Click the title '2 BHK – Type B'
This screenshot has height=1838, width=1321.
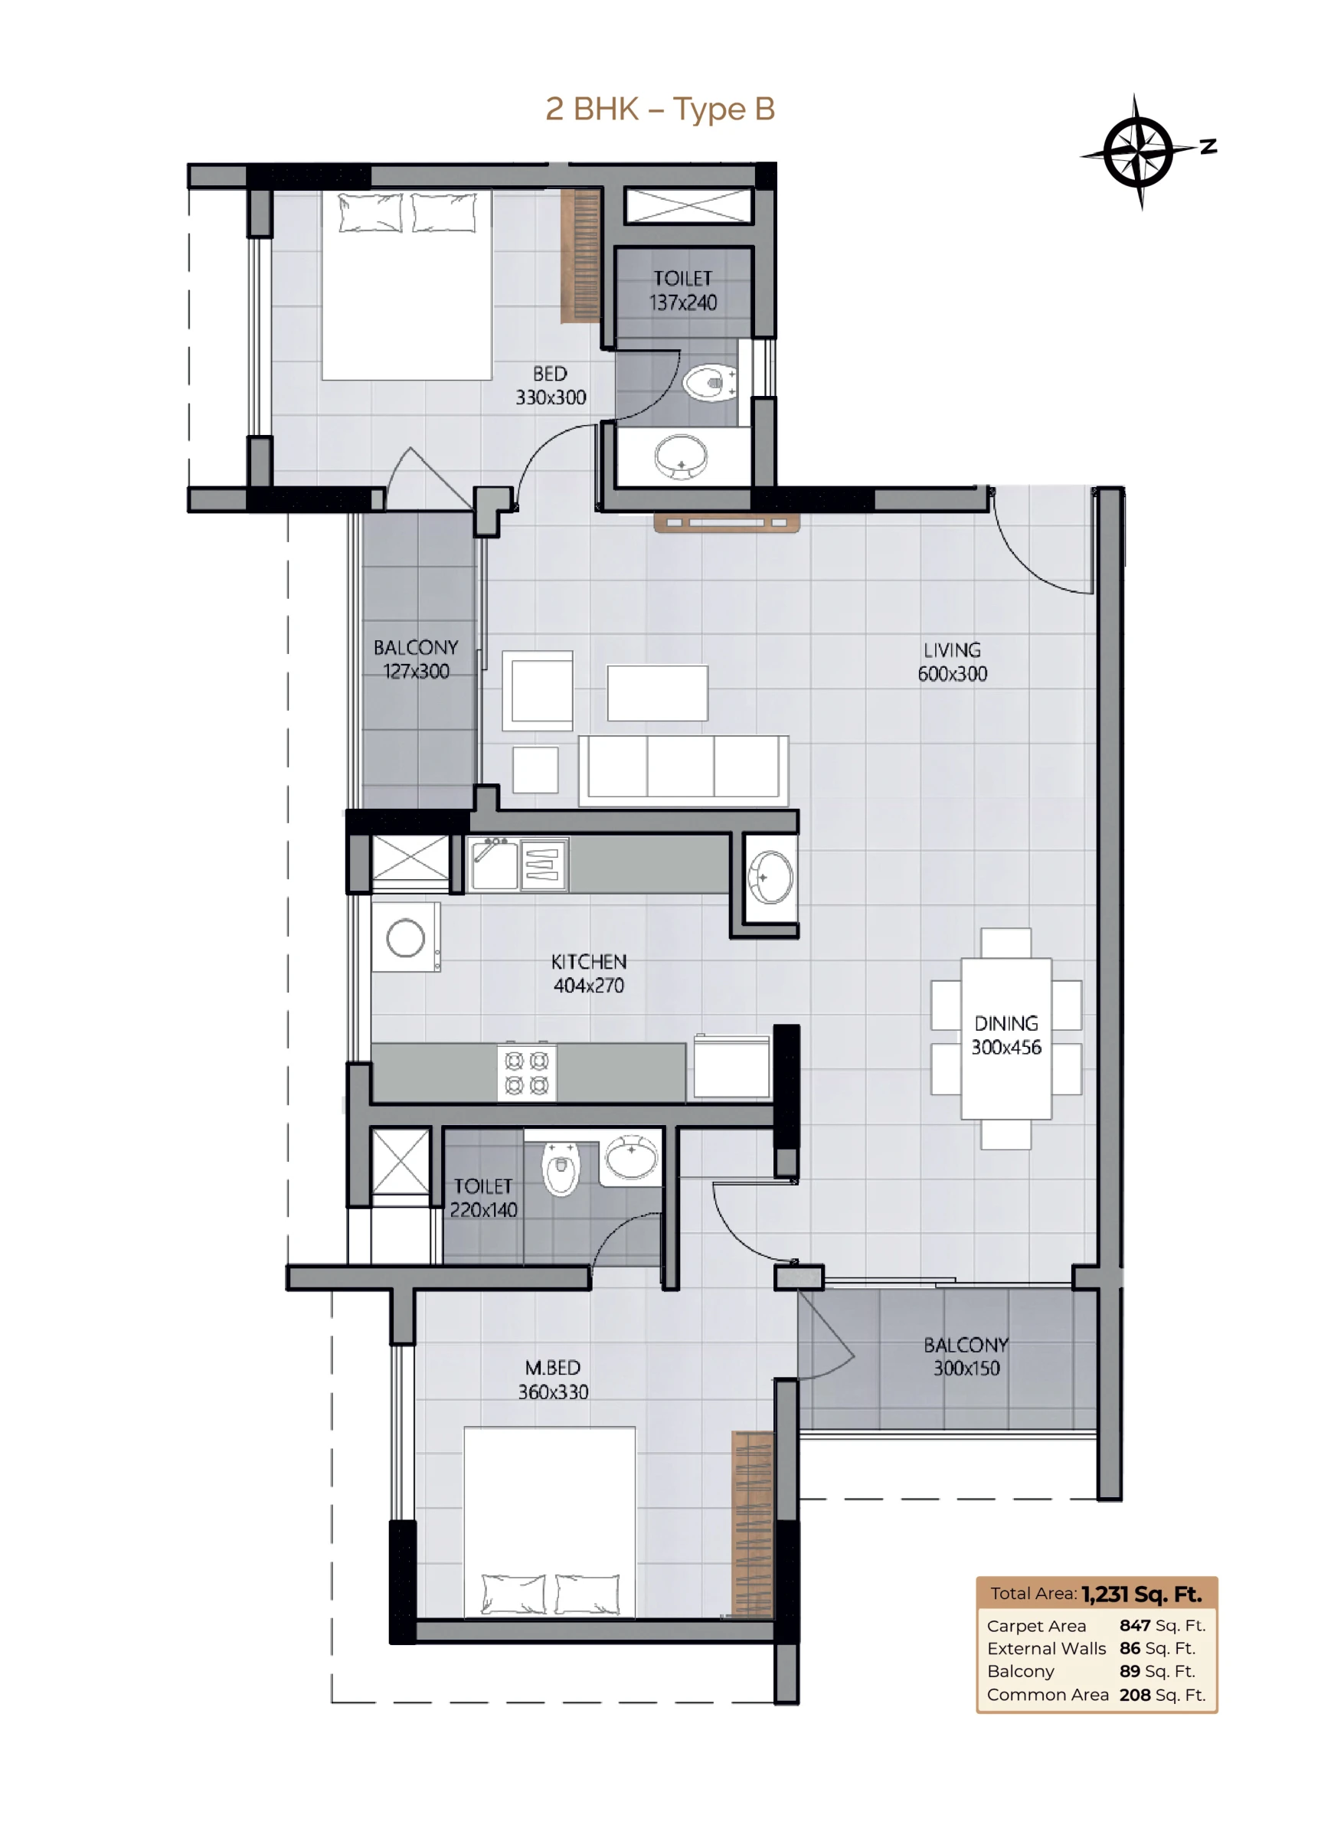tap(659, 109)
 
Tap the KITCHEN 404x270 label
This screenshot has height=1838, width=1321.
tap(588, 973)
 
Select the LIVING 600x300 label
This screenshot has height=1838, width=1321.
tap(952, 661)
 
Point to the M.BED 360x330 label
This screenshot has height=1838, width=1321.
tap(553, 1379)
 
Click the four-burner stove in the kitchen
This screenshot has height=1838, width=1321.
tap(526, 1071)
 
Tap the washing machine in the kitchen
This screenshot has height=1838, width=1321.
tap(406, 937)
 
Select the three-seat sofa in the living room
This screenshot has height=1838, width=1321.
tap(683, 770)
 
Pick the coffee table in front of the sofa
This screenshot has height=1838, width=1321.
tap(657, 693)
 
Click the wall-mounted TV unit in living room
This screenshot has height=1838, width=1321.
tap(726, 523)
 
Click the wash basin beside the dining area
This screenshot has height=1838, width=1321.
tap(770, 876)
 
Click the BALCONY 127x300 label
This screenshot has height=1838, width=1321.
tap(416, 659)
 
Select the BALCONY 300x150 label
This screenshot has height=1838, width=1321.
tap(966, 1356)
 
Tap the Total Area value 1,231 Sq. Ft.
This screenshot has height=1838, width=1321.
tap(1141, 1594)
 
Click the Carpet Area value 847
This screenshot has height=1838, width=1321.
tap(1135, 1625)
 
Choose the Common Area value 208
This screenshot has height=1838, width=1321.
tap(1135, 1695)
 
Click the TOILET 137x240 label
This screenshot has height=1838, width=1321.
tap(682, 290)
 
